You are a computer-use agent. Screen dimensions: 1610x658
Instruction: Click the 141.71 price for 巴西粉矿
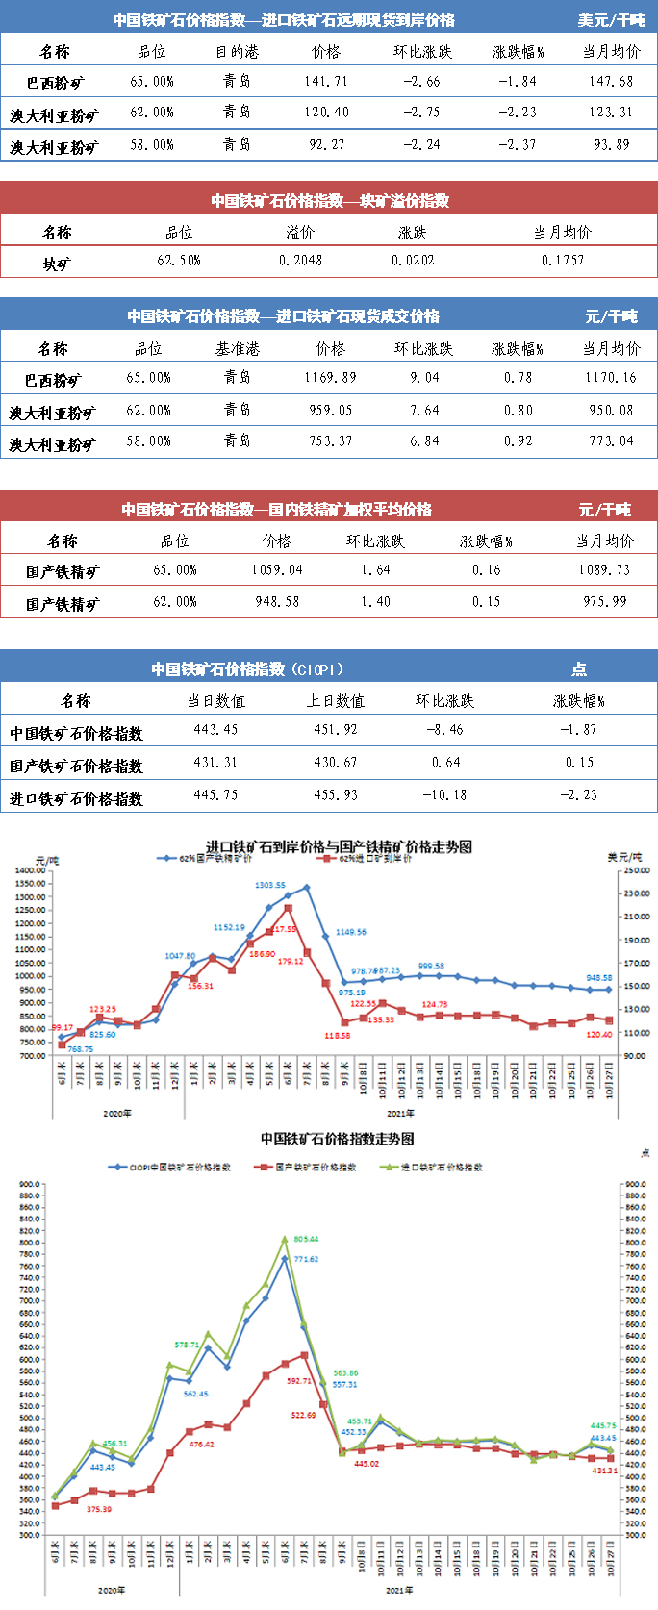326,82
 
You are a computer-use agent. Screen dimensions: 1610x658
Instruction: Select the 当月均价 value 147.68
611,82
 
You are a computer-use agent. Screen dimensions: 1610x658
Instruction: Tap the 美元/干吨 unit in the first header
611,20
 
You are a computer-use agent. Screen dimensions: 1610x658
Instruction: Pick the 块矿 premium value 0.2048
300,260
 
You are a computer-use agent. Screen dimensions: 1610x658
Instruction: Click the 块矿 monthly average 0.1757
563,260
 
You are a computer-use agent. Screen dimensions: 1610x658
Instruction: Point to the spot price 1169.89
330,377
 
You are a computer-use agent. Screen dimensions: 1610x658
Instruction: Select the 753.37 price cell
330,440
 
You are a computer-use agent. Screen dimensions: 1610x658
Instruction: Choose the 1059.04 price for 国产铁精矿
277,569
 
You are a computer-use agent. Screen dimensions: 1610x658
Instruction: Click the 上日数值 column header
335,701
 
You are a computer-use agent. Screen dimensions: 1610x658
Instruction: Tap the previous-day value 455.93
335,794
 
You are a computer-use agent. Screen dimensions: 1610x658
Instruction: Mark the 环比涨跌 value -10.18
444,794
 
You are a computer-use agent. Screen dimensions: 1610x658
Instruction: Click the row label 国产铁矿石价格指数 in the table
76,766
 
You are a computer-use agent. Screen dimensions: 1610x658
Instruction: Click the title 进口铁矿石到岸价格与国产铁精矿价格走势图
340,846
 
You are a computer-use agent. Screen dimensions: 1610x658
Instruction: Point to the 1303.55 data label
270,885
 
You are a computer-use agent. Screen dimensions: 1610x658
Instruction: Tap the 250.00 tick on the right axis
637,870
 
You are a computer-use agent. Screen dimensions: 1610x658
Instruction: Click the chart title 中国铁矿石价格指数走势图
338,1139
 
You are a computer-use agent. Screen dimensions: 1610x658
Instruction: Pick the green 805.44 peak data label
306,1239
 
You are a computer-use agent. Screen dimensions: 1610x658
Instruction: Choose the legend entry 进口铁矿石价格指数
442,1167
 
